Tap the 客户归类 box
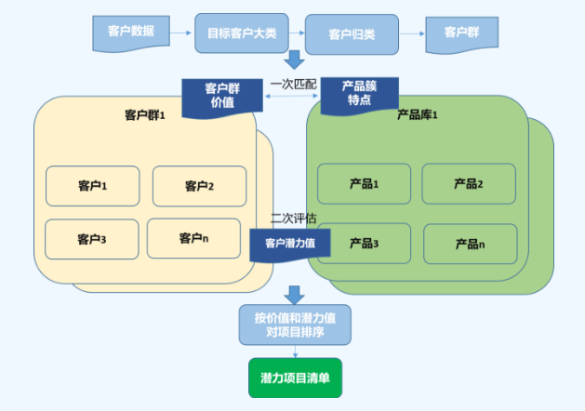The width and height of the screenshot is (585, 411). (352, 34)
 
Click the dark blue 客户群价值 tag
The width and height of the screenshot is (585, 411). (220, 97)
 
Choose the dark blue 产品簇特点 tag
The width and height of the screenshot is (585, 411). (359, 94)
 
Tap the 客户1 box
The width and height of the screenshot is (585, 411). (93, 186)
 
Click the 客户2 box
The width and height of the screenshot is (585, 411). (199, 186)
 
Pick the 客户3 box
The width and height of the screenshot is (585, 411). (92, 239)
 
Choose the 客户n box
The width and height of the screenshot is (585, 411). (193, 238)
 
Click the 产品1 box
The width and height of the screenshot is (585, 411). (364, 184)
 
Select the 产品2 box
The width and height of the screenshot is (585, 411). (469, 184)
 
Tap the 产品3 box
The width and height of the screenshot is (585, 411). (364, 243)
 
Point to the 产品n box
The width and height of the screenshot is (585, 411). (470, 244)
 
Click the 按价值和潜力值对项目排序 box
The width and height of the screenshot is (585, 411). (295, 324)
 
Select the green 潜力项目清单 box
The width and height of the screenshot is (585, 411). (295, 378)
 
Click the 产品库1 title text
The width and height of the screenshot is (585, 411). (418, 115)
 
